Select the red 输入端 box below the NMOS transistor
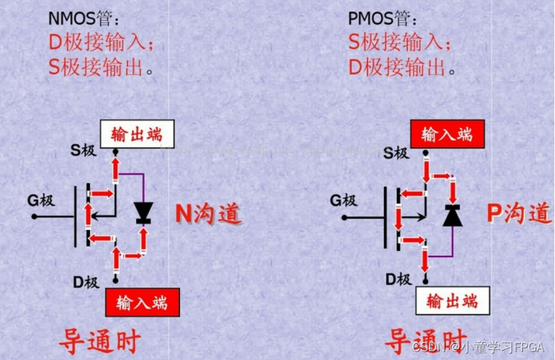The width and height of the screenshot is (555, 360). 142,302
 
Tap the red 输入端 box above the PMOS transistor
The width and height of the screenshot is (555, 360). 447,134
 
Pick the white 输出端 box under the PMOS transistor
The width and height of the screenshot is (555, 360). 452,301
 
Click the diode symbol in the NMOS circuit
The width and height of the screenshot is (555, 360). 142,213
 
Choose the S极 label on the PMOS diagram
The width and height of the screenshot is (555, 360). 395,153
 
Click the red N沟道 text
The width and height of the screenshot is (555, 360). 207,213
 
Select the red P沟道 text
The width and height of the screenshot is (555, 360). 519,213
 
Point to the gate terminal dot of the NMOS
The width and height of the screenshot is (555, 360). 33,216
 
